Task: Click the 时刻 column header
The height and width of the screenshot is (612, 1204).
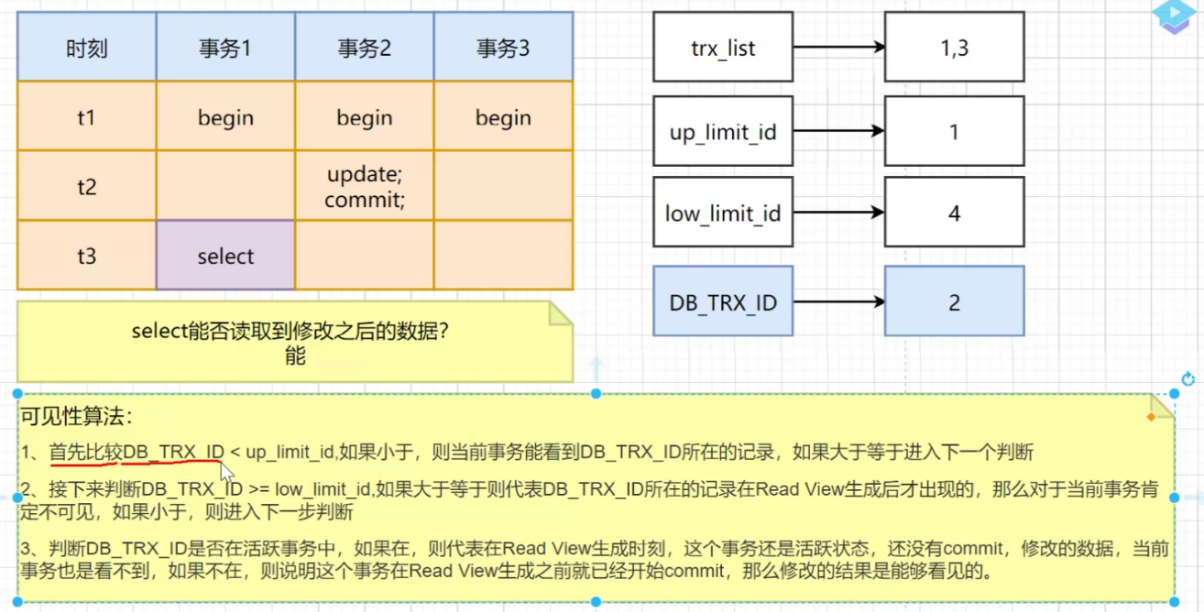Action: click(x=86, y=48)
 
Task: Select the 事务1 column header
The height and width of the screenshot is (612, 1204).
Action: click(x=225, y=48)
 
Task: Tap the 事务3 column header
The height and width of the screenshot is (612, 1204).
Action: click(x=503, y=48)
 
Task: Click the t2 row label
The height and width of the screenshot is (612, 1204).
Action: click(x=86, y=187)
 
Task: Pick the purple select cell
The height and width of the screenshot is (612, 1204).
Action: click(x=225, y=257)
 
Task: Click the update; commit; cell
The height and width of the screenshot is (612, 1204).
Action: click(x=364, y=187)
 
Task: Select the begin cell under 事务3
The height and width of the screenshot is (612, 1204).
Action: click(x=503, y=117)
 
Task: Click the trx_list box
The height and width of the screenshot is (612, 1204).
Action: click(x=723, y=48)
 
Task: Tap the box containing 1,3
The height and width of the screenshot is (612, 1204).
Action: click(x=954, y=48)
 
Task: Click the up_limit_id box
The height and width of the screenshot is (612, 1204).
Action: click(x=723, y=131)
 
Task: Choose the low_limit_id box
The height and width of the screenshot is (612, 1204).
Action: click(x=723, y=213)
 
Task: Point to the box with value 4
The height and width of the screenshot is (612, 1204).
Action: click(x=954, y=213)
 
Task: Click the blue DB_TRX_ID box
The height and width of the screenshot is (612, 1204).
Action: click(x=723, y=301)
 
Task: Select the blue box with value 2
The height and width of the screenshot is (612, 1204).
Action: click(x=954, y=301)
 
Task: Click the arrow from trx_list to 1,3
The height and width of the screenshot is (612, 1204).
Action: click(x=838, y=48)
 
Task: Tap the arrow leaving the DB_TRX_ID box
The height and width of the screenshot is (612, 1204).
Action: click(x=838, y=301)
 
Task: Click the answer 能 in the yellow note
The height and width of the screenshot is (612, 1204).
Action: click(x=294, y=356)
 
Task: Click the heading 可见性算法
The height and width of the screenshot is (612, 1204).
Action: click(x=77, y=417)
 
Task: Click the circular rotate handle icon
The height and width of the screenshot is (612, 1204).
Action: click(x=1188, y=379)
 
